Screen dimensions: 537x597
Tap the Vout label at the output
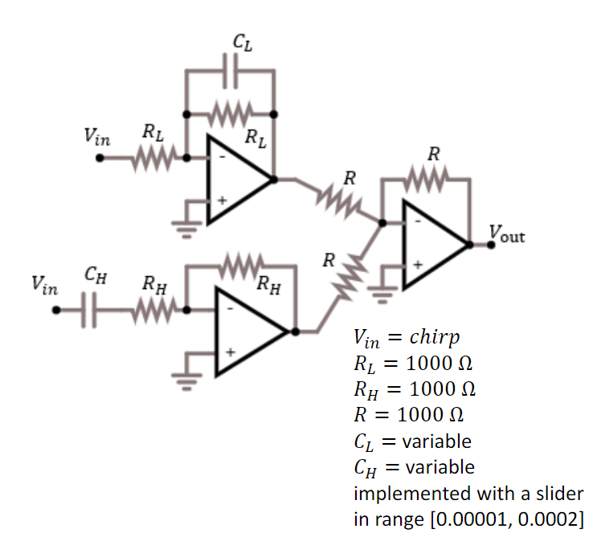pyautogui.click(x=506, y=236)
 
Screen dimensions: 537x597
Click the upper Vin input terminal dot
pyautogui.click(x=100, y=158)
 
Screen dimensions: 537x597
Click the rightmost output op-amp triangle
pyautogui.click(x=434, y=245)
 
